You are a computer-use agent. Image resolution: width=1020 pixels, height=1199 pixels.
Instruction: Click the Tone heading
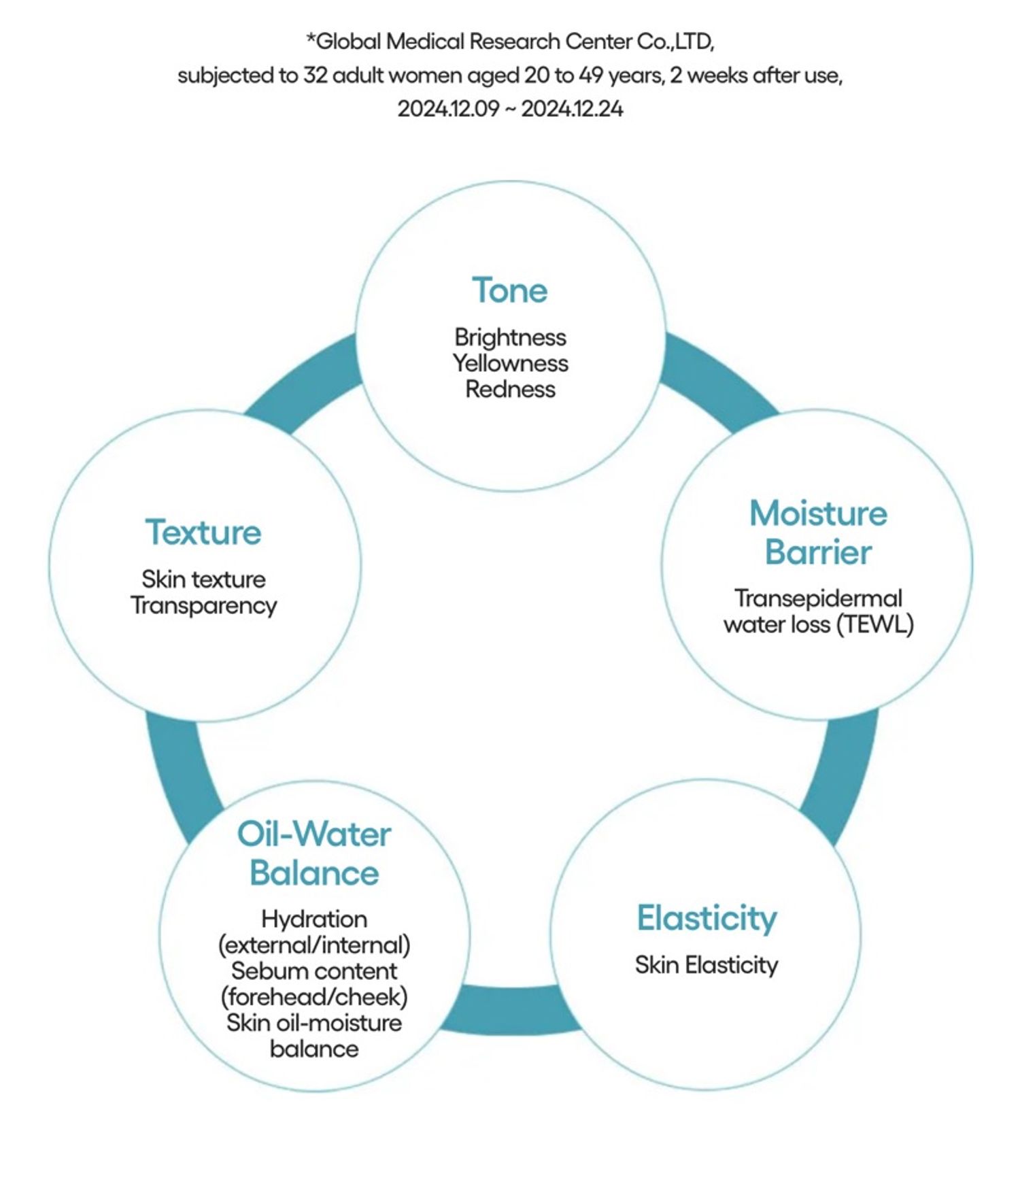[509, 290]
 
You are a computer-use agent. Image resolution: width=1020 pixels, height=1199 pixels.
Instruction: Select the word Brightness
[510, 337]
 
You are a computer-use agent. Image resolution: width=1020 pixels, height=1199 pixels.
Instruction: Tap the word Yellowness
[510, 363]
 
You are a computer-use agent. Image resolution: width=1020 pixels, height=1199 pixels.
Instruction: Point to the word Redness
[510, 390]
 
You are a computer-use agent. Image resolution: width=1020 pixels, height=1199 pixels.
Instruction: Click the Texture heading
[203, 533]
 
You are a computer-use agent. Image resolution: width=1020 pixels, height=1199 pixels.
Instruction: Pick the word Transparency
[204, 605]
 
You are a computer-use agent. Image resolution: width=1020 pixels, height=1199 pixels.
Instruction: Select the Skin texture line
[203, 579]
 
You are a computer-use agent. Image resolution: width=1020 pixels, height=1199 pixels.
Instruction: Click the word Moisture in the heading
[818, 513]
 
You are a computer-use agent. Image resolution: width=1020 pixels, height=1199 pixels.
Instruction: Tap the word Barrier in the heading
[818, 552]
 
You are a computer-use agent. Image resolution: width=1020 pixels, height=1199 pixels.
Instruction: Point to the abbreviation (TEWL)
[874, 624]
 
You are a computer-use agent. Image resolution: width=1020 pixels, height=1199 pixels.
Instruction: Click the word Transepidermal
[818, 598]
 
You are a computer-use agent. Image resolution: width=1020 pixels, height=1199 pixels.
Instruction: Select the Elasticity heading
[707, 918]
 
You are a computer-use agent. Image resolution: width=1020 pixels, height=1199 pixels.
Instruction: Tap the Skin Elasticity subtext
[707, 965]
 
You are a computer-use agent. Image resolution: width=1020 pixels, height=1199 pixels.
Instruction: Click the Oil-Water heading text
[313, 834]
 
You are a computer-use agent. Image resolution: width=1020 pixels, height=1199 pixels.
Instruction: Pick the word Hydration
[314, 919]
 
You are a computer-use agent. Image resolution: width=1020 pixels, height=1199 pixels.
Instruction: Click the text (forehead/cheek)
[314, 997]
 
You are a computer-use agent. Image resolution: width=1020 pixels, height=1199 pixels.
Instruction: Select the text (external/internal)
[314, 945]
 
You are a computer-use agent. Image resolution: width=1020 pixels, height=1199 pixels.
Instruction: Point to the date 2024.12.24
[572, 109]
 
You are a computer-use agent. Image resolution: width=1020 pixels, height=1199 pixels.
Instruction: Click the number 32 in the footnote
[316, 75]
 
